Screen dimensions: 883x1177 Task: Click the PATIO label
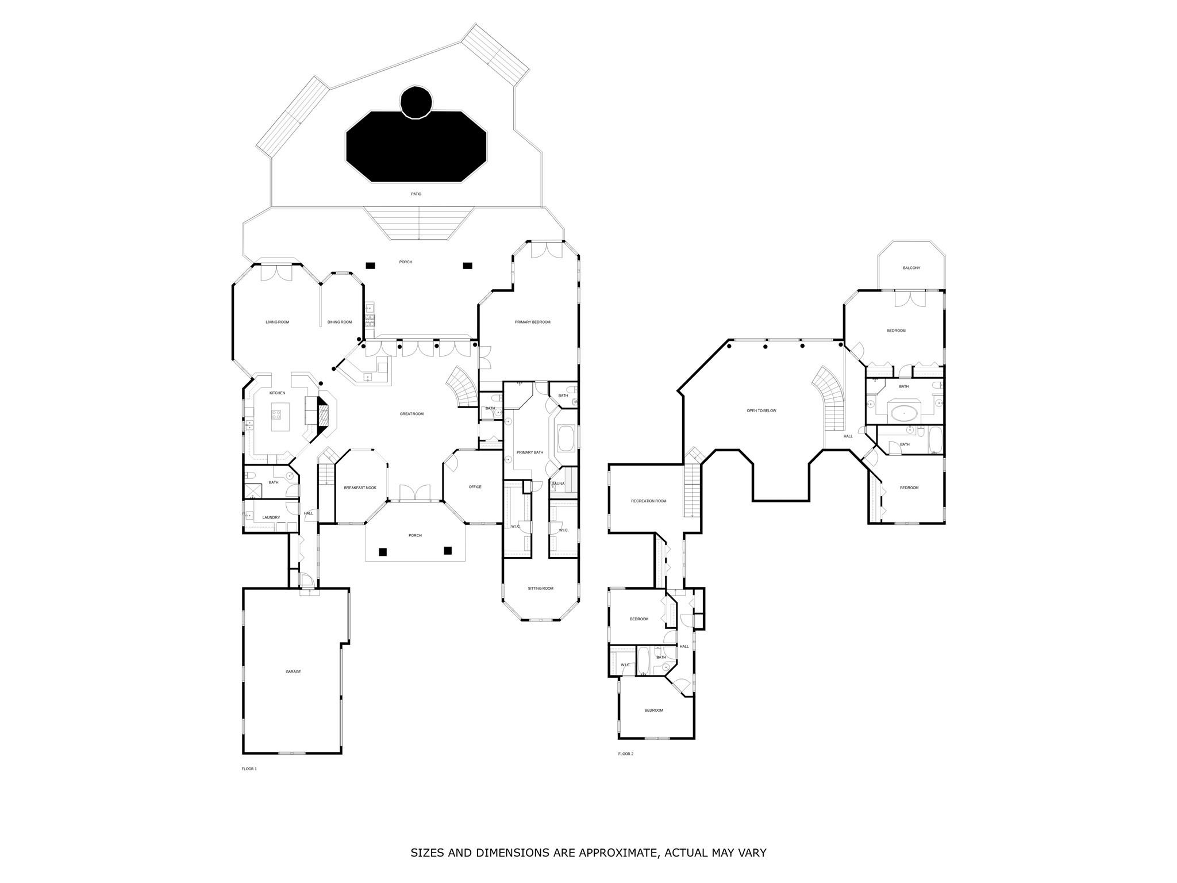coord(416,194)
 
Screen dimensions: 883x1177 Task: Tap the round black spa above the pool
coord(416,102)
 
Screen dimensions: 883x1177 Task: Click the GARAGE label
coord(293,671)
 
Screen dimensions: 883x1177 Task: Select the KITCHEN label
coord(278,393)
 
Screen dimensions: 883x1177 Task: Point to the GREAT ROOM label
coord(411,414)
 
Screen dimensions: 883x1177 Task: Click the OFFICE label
coord(475,487)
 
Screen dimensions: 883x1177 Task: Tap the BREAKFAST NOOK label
coord(360,487)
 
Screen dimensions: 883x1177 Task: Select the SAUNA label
coord(558,484)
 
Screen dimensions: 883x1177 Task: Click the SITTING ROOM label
coord(540,588)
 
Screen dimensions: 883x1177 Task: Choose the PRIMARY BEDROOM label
coord(532,322)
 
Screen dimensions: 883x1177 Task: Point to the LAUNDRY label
coord(271,517)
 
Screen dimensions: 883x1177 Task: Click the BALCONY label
coord(911,268)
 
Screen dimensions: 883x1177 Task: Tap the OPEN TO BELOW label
coord(761,410)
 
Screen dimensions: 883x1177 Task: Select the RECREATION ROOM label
coord(648,501)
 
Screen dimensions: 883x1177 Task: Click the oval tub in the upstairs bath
coord(904,412)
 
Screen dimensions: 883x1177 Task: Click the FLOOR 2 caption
coord(625,754)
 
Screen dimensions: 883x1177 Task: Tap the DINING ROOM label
coord(340,322)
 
